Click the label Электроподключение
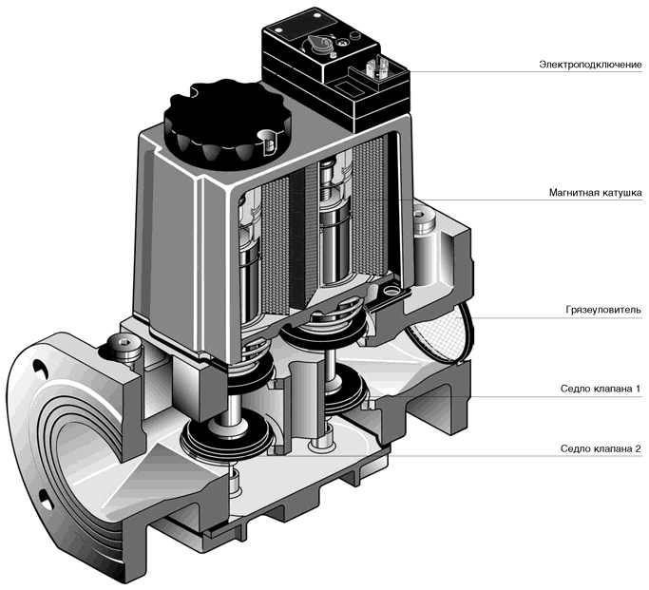[x=590, y=65]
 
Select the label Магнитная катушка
[x=596, y=192]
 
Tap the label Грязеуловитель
[x=603, y=310]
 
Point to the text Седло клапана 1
[x=601, y=389]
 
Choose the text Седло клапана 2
[x=601, y=448]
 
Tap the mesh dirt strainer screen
[x=440, y=330]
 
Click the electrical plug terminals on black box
[x=376, y=67]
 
